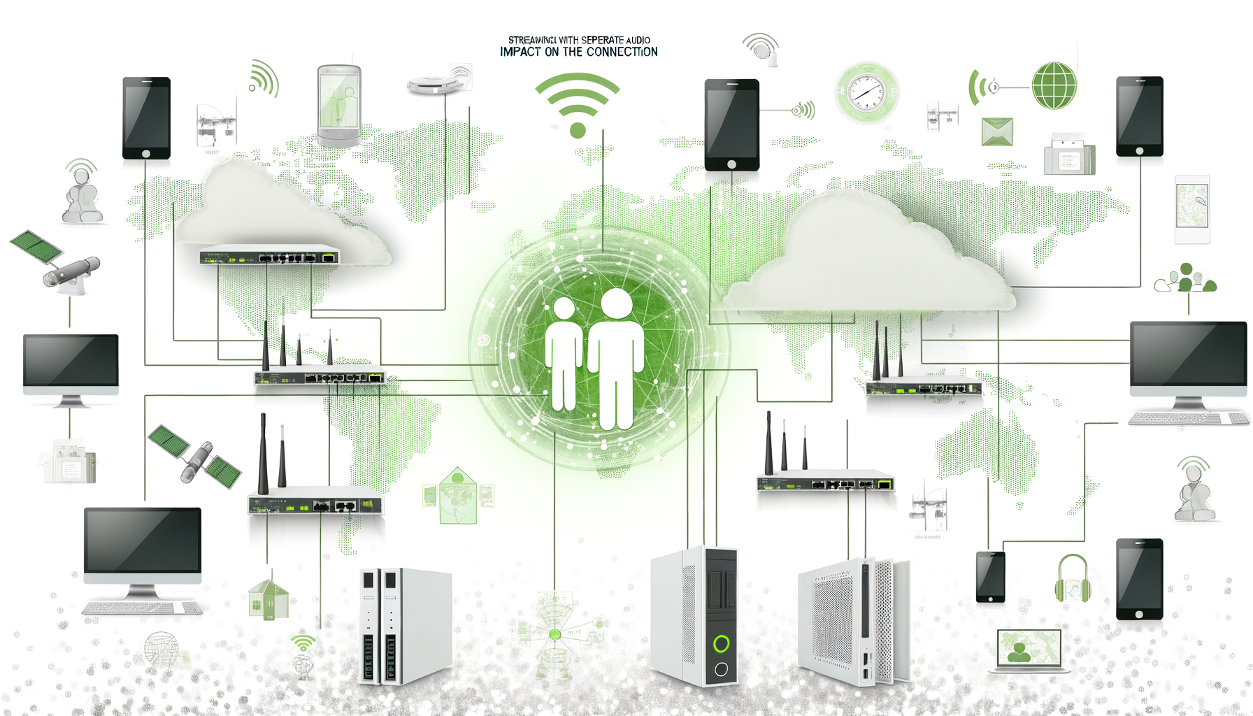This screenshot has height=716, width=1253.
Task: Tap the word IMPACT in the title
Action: coord(520,52)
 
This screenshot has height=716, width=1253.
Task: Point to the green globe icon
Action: coord(1054,85)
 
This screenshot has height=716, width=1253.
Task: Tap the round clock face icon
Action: coord(866,92)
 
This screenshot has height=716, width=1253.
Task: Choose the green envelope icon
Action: coord(997,131)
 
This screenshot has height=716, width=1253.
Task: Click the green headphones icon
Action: coord(1072,579)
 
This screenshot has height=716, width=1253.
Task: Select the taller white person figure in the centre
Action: coord(616,357)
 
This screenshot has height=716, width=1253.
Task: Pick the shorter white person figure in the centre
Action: coord(563,353)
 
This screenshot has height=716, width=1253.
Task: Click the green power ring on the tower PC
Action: coord(721,643)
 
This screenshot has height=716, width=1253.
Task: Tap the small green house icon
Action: coord(268,599)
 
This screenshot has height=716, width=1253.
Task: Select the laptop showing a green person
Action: coord(1028,650)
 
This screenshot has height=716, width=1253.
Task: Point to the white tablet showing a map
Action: coord(1192,208)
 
